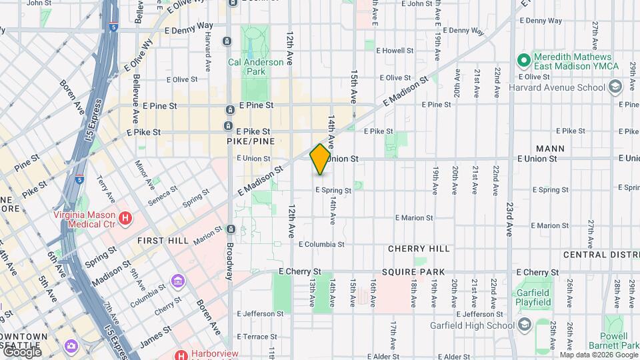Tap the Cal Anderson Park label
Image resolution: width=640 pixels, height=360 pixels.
[x=255, y=66]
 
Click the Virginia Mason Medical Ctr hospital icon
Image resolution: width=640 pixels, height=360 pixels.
[x=124, y=217]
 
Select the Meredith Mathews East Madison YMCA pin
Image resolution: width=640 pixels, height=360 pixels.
[x=524, y=61]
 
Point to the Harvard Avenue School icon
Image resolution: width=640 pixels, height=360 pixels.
[x=615, y=87]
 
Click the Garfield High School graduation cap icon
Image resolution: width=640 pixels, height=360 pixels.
[x=525, y=325]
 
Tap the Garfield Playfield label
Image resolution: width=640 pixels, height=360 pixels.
[x=533, y=297]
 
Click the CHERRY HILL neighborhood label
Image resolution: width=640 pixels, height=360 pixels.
[x=419, y=249]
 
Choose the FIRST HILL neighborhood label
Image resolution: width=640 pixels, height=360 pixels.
[x=163, y=240]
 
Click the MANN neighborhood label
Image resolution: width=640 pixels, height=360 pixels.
[x=550, y=149]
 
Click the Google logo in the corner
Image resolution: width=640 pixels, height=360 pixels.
[x=21, y=351]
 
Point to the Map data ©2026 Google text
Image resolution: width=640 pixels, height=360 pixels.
[x=598, y=355]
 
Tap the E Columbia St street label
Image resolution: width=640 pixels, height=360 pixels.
[x=321, y=245]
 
